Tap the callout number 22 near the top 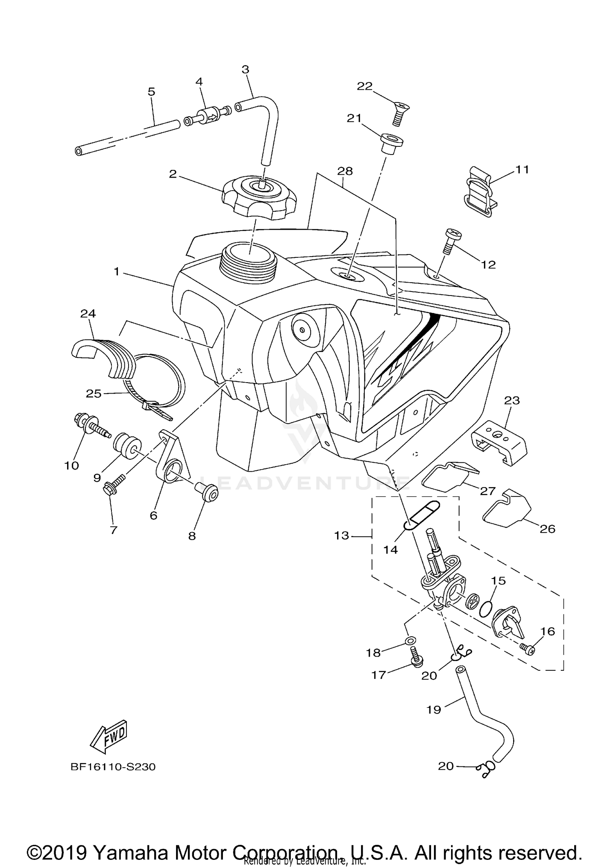365,86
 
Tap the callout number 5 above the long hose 151,92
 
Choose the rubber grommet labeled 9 126,446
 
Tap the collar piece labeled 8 207,491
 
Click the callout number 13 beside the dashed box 342,535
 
